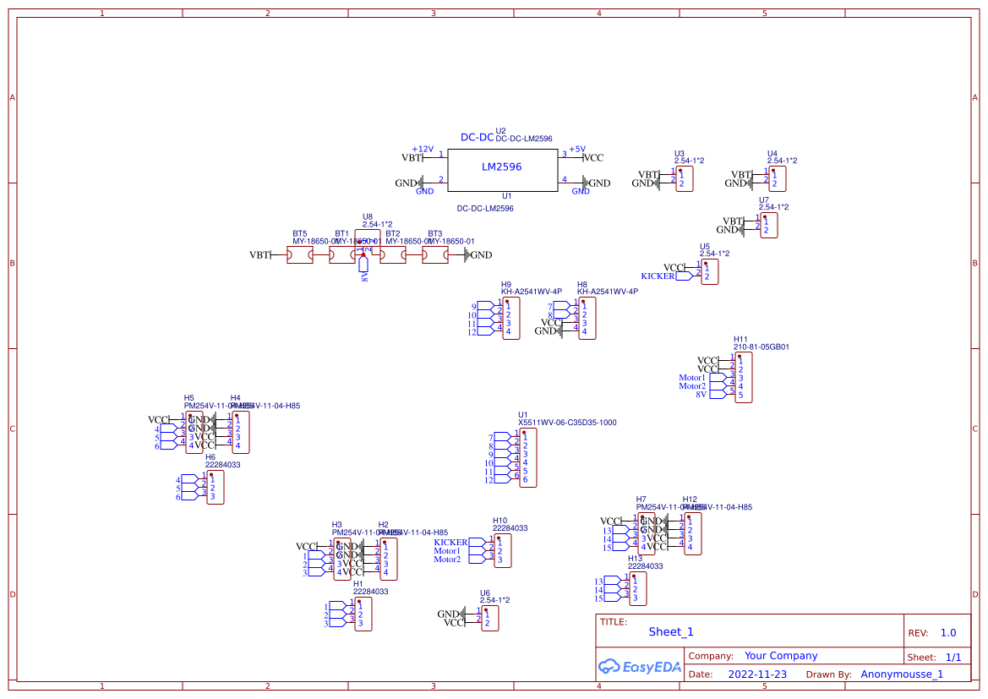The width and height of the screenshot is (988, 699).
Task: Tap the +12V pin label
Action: pyautogui.click(x=423, y=150)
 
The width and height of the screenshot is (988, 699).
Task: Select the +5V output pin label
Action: pyautogui.click(x=576, y=150)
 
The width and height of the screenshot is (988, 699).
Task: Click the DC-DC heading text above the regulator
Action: pyautogui.click(x=477, y=138)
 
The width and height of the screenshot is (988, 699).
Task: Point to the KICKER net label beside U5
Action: pyautogui.click(x=658, y=276)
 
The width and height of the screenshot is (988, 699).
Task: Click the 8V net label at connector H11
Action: pyautogui.click(x=701, y=395)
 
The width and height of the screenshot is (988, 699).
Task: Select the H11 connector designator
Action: pyautogui.click(x=740, y=338)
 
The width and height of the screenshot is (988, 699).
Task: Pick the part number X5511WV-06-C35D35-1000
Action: pyautogui.click(x=567, y=423)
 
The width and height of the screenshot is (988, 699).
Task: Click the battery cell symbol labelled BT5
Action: pyautogui.click(x=300, y=255)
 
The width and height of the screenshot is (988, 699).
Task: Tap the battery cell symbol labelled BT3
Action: pyautogui.click(x=435, y=255)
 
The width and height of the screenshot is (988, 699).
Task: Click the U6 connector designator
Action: pyautogui.click(x=484, y=593)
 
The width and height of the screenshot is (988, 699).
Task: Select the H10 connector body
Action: pyautogui.click(x=503, y=550)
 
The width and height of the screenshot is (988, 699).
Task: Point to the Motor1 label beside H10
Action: pyautogui.click(x=447, y=551)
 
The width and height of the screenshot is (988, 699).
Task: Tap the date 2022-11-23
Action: pyautogui.click(x=757, y=674)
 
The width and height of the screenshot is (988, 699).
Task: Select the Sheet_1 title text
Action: pyautogui.click(x=671, y=631)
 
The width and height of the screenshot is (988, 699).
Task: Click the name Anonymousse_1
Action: pyautogui.click(x=902, y=674)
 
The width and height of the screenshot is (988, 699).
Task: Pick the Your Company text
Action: pyautogui.click(x=781, y=656)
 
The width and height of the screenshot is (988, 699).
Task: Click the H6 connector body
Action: pyautogui.click(x=216, y=488)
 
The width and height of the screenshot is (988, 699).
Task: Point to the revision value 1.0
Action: pyautogui.click(x=948, y=633)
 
